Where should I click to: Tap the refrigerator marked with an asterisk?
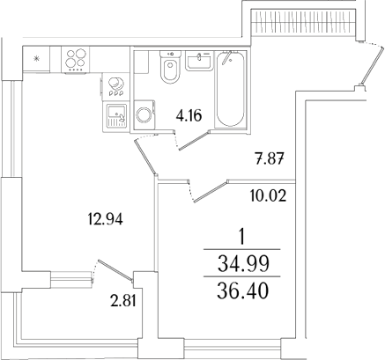coord(36,59)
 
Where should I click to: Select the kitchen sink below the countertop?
coord(115,114)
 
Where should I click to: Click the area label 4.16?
coord(188,113)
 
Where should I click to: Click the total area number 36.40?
coord(243,289)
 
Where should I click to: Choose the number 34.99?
coord(243,263)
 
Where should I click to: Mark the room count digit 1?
coord(243,237)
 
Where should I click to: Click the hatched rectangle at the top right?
coord(303,20)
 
